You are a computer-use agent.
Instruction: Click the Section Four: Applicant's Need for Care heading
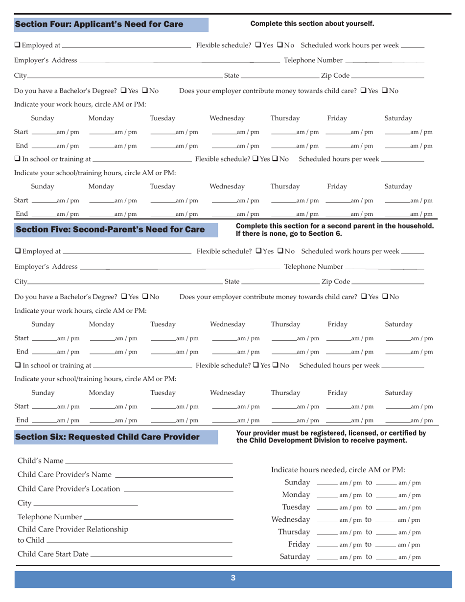[99, 24]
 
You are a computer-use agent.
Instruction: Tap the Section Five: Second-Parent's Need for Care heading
[110, 230]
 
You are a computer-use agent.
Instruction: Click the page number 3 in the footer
[232, 578]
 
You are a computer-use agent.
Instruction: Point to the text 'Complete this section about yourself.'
[312, 23]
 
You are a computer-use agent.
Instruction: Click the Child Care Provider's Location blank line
[179, 489]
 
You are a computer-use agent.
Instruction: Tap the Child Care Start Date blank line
[161, 555]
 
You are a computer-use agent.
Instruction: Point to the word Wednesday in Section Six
[291, 519]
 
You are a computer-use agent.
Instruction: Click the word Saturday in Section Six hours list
[295, 557]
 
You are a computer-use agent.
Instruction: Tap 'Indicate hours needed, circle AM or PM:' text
[338, 470]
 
